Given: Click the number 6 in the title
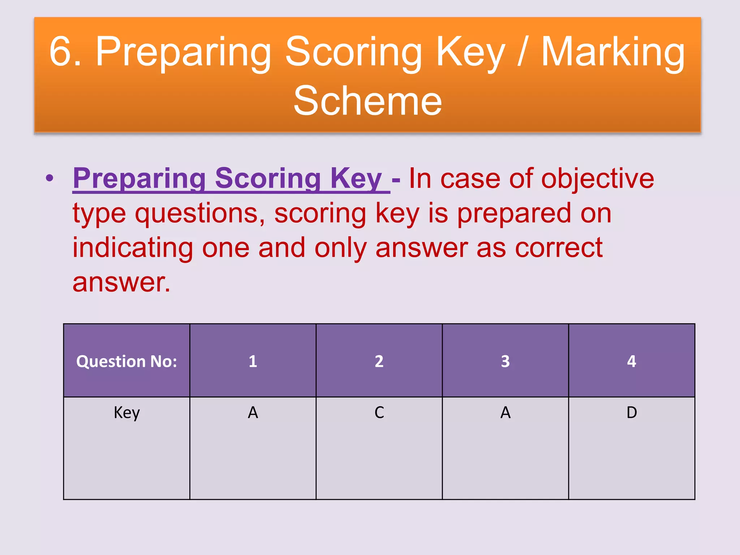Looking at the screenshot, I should pos(61,51).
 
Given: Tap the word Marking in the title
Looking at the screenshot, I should pos(613,53).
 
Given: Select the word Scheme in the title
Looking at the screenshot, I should pos(367,101).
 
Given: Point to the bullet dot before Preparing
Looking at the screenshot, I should pos(50,178).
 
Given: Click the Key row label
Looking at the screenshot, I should pos(126,412).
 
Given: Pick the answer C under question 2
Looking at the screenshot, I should pos(379,412).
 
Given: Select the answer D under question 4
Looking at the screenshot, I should pos(632,412).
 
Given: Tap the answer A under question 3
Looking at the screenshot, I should pos(505,412).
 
